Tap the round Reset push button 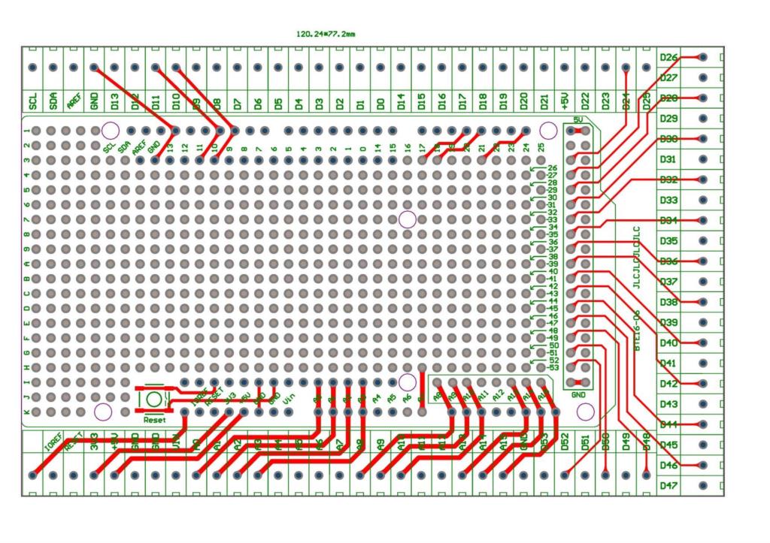[154, 398]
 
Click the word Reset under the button [154, 419]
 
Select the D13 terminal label [114, 101]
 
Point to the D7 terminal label [237, 101]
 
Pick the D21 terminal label [544, 101]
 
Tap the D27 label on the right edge [668, 78]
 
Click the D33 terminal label [668, 201]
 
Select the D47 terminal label [668, 486]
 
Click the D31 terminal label [668, 159]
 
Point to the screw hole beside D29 [702, 119]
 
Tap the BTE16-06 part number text [637, 330]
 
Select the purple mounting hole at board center [407, 219]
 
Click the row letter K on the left [27, 412]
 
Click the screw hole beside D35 [702, 241]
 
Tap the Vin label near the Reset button [289, 410]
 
